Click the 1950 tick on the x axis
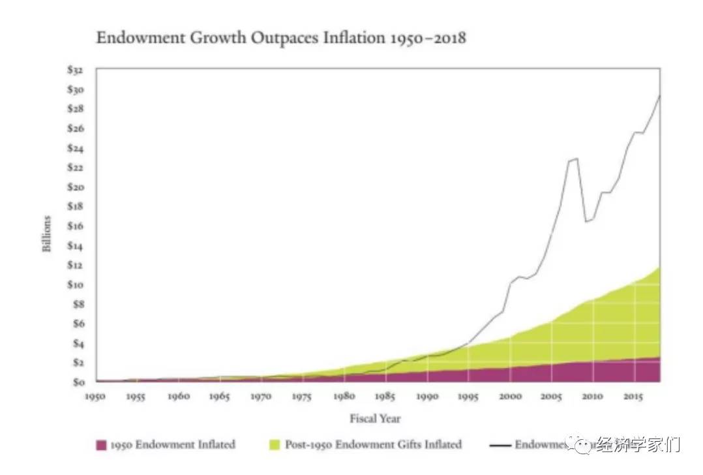coord(97,396)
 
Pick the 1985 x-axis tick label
coord(385,396)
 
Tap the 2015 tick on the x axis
coord(633,396)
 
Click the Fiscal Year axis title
coord(375,418)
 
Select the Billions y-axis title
coord(47,234)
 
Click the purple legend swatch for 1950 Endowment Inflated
coord(101,445)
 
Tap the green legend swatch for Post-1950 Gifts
coord(275,445)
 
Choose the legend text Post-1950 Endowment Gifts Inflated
coord(373,444)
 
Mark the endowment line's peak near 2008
coord(576,159)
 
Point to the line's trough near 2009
coord(586,222)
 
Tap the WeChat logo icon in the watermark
coord(582,446)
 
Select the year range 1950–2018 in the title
coord(426,38)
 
